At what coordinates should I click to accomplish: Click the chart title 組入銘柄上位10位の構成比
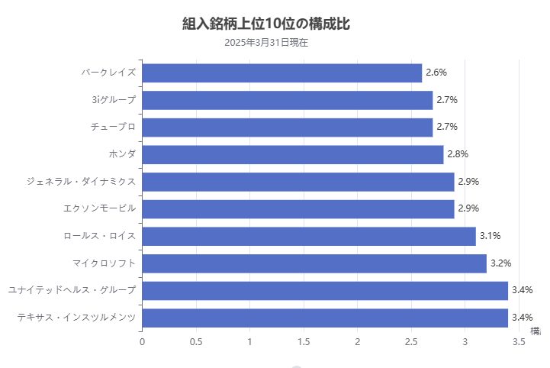point(266,24)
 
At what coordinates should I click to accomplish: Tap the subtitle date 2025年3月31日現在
point(266,43)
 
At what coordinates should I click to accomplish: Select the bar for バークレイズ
point(281,73)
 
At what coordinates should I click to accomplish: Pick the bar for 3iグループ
point(287,100)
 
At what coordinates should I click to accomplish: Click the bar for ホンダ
point(292,154)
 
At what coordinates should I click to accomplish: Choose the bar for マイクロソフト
point(314,263)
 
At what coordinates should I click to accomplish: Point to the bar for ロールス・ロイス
point(308,236)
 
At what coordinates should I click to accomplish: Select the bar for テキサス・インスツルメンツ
point(324,318)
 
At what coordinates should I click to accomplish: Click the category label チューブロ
point(113,127)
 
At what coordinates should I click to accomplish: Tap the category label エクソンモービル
point(100,208)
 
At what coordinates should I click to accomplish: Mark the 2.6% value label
point(436,73)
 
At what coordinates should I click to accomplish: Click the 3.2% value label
point(500,263)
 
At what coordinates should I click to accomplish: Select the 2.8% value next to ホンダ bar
point(457,154)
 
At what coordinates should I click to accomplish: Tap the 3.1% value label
point(489,236)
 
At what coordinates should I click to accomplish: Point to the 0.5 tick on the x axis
point(196,342)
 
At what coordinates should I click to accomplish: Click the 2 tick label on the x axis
point(357,342)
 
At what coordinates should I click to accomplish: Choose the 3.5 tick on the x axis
point(519,342)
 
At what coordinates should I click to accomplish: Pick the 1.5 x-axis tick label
point(304,342)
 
